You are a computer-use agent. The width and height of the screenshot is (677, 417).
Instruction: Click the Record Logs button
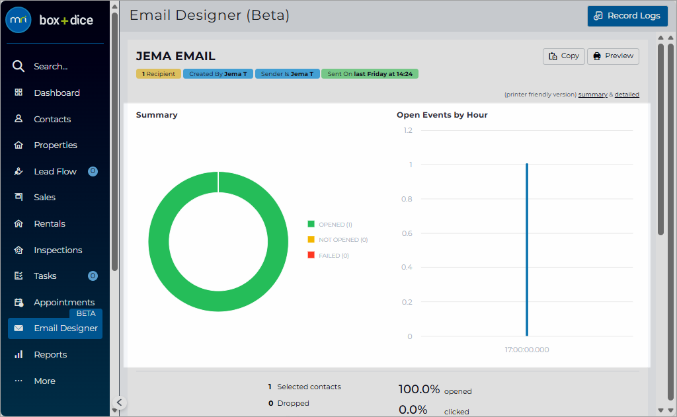[627, 16]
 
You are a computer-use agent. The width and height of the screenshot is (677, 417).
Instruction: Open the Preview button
[613, 56]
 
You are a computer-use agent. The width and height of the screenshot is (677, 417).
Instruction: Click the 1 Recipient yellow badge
[159, 74]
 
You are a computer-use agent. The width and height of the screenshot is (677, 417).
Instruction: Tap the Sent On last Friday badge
[370, 74]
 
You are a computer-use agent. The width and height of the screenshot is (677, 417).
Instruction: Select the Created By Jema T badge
[218, 74]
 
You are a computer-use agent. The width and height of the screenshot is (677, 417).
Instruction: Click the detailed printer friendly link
[627, 95]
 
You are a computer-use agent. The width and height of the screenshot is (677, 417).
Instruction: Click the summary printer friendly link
[593, 95]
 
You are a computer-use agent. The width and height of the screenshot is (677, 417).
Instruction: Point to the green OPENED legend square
[311, 224]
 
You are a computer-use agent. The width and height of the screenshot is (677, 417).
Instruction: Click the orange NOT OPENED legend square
[311, 240]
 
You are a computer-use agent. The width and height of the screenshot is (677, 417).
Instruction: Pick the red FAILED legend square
[311, 255]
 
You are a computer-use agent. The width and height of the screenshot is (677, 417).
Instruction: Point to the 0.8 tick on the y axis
[407, 199]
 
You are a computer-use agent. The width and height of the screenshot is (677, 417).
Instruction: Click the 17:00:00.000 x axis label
[527, 350]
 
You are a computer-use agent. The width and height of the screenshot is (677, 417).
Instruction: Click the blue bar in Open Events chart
[527, 250]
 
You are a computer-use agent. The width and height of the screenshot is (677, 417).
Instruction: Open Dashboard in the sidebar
[57, 93]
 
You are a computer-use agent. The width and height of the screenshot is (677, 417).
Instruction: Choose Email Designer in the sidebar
[56, 328]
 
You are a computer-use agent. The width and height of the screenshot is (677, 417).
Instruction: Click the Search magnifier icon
[18, 66]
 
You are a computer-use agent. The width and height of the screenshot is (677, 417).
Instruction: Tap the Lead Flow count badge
[93, 171]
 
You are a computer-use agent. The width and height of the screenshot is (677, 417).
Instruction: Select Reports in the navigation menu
[50, 354]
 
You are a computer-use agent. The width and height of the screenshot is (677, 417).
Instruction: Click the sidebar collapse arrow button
[119, 402]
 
